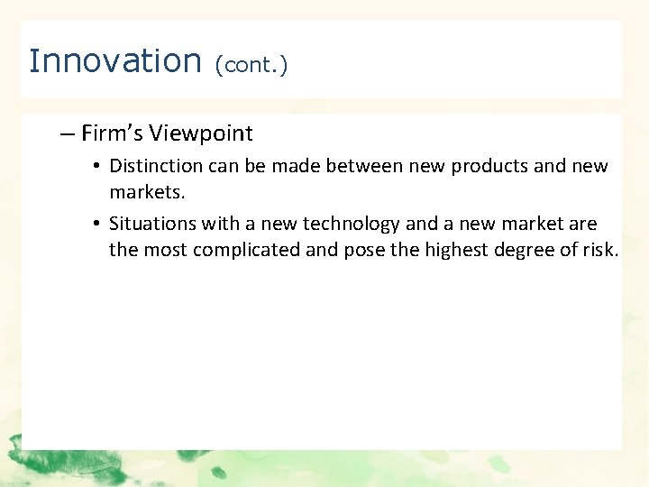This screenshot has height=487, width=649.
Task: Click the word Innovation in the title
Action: [x=114, y=61]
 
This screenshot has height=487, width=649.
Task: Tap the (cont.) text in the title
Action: [x=251, y=65]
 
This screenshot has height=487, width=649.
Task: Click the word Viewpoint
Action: [x=201, y=134]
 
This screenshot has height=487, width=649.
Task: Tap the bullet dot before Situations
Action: [x=96, y=225]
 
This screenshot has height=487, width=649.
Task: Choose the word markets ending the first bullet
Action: [x=143, y=192]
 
